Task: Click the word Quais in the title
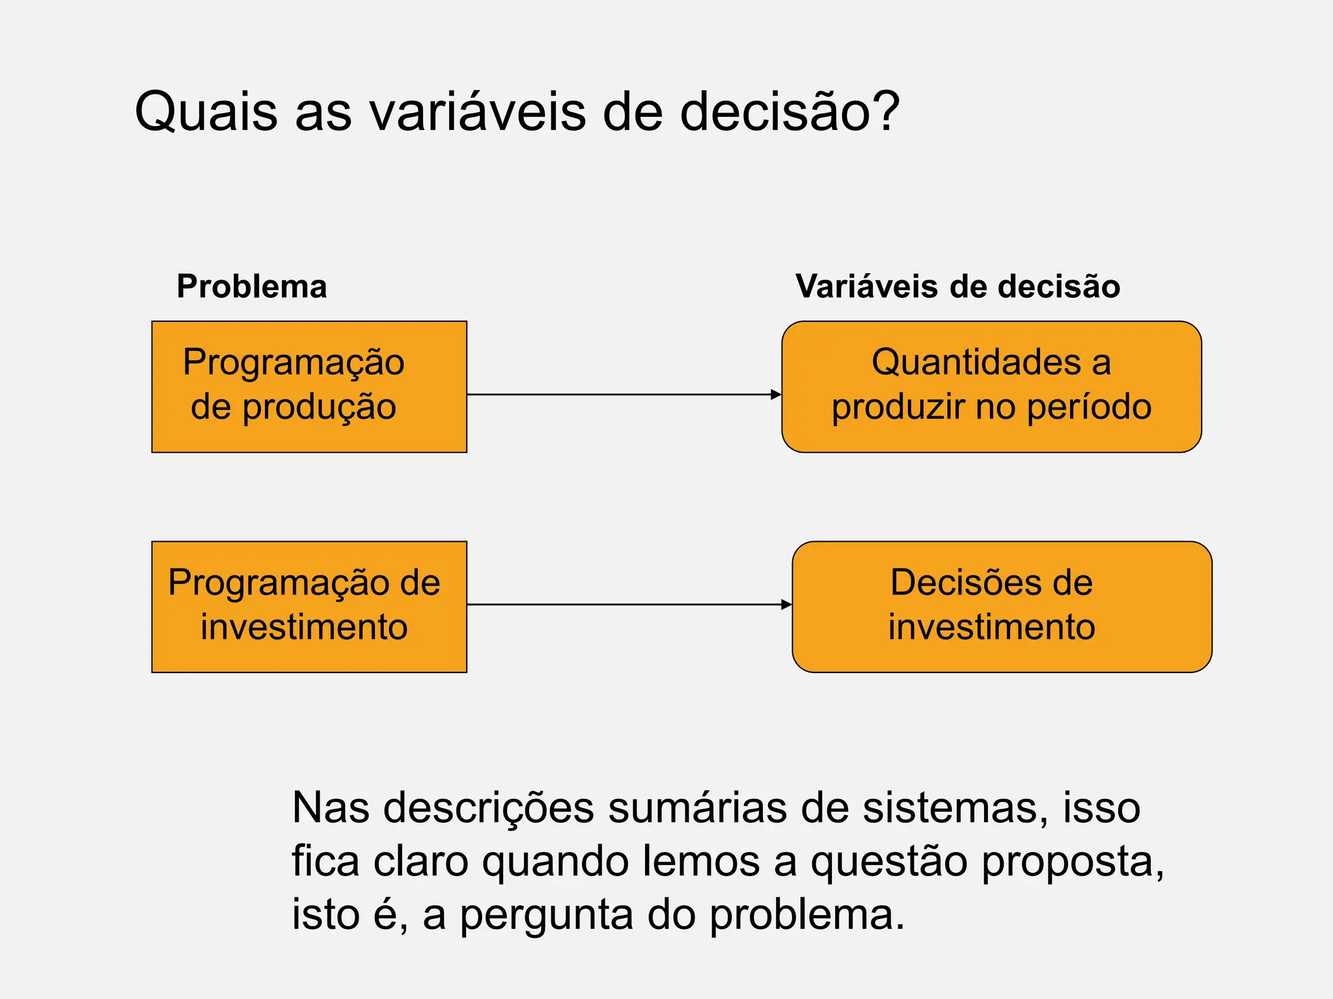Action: pos(206,112)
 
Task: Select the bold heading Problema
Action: pos(252,287)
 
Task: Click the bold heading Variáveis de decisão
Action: pos(957,287)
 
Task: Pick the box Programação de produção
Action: pos(309,387)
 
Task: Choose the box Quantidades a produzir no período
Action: pos(991,387)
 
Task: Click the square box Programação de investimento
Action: pos(309,607)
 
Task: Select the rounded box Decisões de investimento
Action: pos(1002,607)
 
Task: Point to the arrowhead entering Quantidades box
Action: pos(776,395)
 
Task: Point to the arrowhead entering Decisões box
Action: pos(786,605)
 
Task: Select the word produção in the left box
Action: pos(320,408)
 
